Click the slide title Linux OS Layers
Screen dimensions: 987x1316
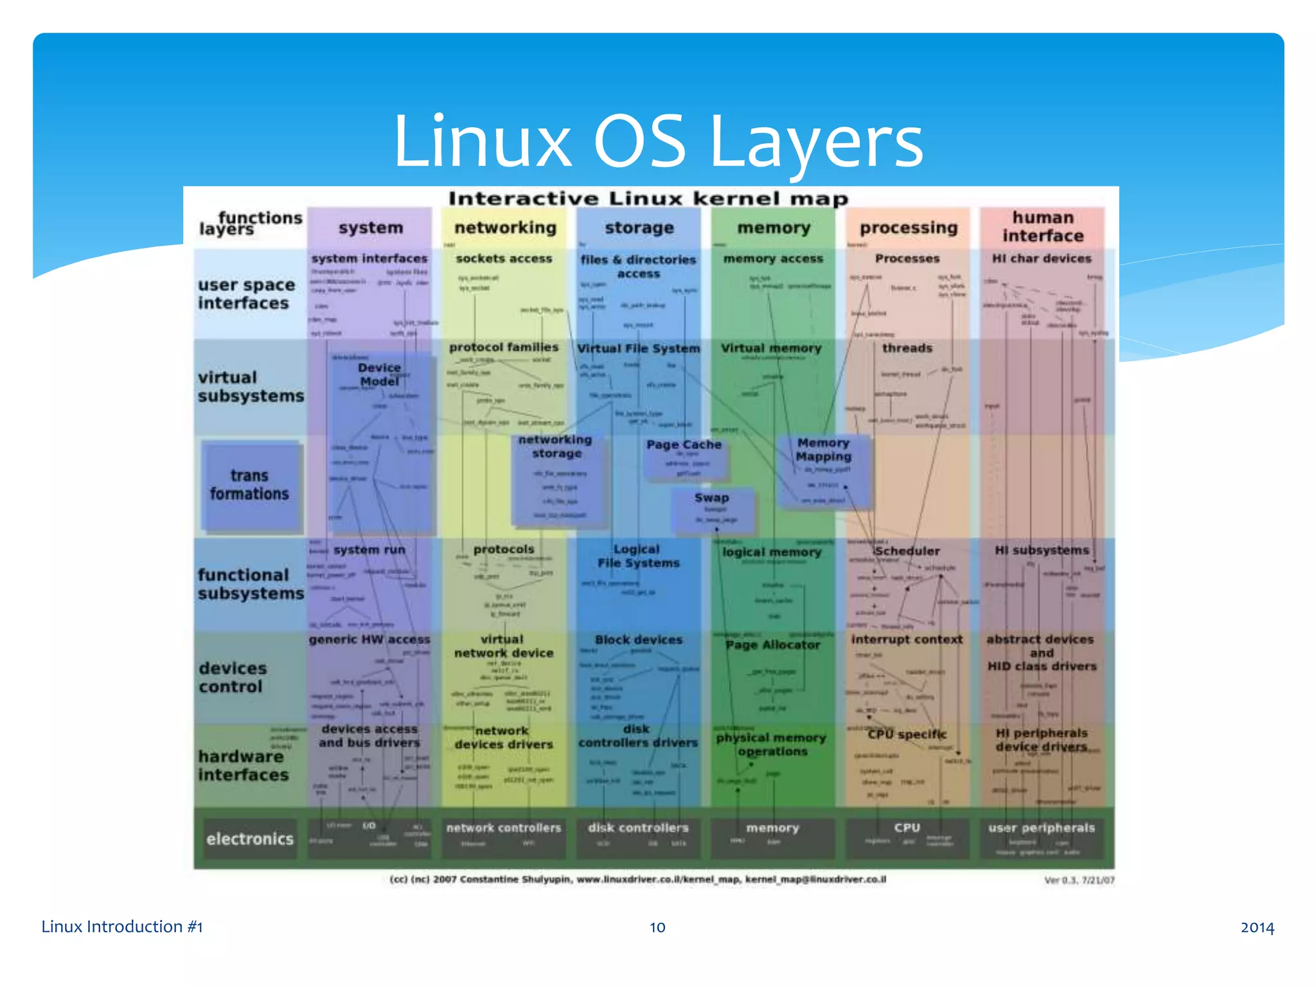pos(657,141)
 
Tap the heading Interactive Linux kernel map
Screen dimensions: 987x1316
pos(648,199)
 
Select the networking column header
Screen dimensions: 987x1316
pos(505,228)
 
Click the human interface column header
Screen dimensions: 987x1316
pos(1042,227)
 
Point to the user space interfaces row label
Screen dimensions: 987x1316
pos(246,294)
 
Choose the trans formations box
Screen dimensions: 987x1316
pos(250,485)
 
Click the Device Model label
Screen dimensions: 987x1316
pos(379,375)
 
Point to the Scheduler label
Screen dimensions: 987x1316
pos(907,551)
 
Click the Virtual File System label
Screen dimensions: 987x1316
pos(638,348)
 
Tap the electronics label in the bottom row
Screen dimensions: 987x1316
pos(250,839)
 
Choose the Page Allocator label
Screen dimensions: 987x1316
pos(773,645)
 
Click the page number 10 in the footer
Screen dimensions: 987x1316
pos(657,927)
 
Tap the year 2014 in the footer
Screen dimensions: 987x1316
pos(1257,927)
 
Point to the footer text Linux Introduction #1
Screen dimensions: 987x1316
pos(122,927)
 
